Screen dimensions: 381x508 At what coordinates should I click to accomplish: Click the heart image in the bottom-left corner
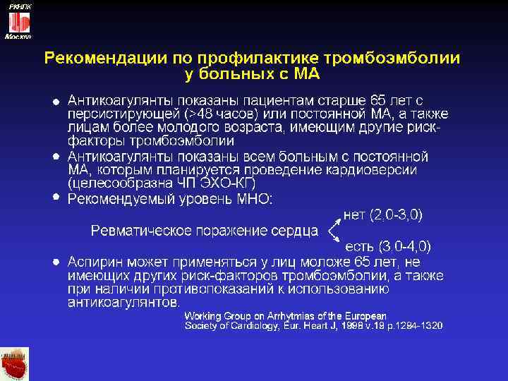click(x=15, y=363)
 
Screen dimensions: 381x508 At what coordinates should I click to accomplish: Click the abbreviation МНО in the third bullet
click(x=252, y=199)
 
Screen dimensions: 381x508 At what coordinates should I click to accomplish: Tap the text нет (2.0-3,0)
click(x=387, y=213)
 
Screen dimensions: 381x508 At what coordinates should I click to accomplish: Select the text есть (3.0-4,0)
click(x=387, y=246)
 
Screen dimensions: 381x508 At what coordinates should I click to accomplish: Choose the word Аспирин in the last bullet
click(x=97, y=262)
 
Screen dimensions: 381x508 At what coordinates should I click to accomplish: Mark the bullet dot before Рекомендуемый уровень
click(x=56, y=197)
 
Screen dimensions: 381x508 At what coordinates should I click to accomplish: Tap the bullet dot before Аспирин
click(x=56, y=260)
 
